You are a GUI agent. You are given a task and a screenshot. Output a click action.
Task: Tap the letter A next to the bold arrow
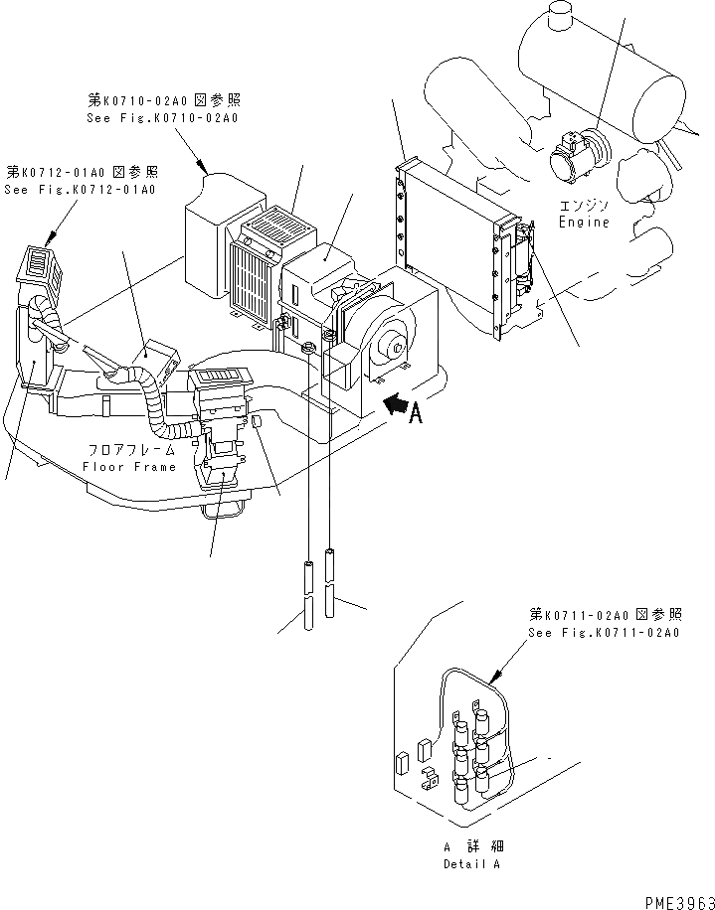coord(418,413)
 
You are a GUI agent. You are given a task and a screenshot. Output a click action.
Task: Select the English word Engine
coord(583,223)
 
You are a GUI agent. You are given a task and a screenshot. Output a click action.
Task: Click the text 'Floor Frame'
coord(129,466)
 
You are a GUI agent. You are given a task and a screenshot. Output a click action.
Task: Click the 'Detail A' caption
coord(473,864)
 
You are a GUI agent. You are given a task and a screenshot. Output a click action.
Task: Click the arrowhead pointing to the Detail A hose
coord(494,681)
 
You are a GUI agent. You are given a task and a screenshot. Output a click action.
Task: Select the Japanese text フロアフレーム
coord(130,450)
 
